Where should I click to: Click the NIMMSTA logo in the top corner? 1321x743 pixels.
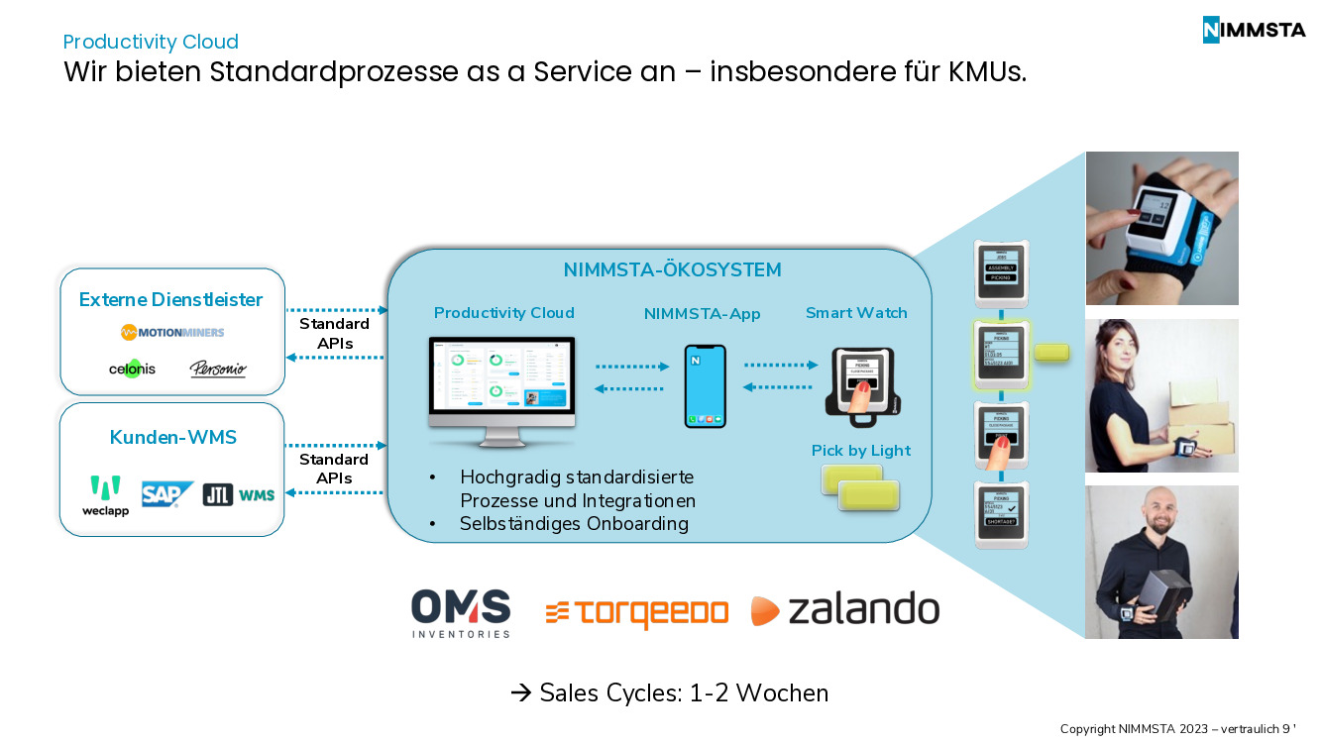(1254, 30)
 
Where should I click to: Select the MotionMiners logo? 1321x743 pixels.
(172, 332)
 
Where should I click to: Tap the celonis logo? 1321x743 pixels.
(132, 369)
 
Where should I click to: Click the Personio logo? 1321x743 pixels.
(218, 370)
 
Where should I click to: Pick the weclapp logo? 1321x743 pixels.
(105, 496)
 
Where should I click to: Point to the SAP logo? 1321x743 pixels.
(166, 493)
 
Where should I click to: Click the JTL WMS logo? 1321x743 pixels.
(239, 494)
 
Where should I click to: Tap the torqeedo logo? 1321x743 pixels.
(636, 613)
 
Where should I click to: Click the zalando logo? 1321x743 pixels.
(844, 610)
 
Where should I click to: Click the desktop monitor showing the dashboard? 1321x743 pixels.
(502, 381)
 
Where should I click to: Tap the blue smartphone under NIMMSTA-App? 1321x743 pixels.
(705, 385)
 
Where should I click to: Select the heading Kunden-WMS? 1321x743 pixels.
(172, 437)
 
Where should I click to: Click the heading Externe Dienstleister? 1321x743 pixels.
(171, 299)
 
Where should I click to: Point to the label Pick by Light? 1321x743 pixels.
(860, 451)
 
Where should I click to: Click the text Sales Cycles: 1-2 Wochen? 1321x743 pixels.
(670, 692)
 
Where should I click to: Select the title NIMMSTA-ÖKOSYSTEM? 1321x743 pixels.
(672, 269)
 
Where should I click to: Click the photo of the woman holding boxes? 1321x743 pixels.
(1161, 395)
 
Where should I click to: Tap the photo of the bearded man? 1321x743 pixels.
(1161, 562)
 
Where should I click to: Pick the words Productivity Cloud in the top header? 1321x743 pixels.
(151, 42)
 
